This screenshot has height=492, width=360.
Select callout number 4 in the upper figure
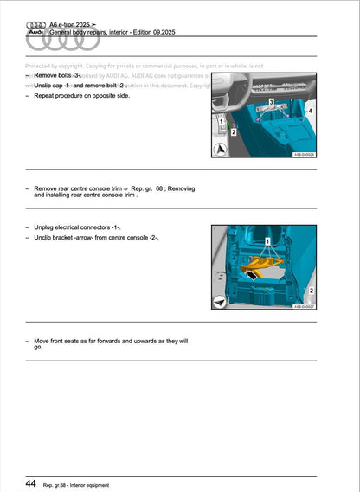pos(310,112)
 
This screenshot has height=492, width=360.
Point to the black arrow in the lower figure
pos(251,276)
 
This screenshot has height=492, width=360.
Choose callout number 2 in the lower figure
pos(311,291)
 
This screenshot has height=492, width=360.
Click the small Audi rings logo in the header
pos(36,26)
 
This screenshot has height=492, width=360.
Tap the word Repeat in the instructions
pos(45,97)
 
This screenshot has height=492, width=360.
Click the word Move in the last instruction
pos(43,342)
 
